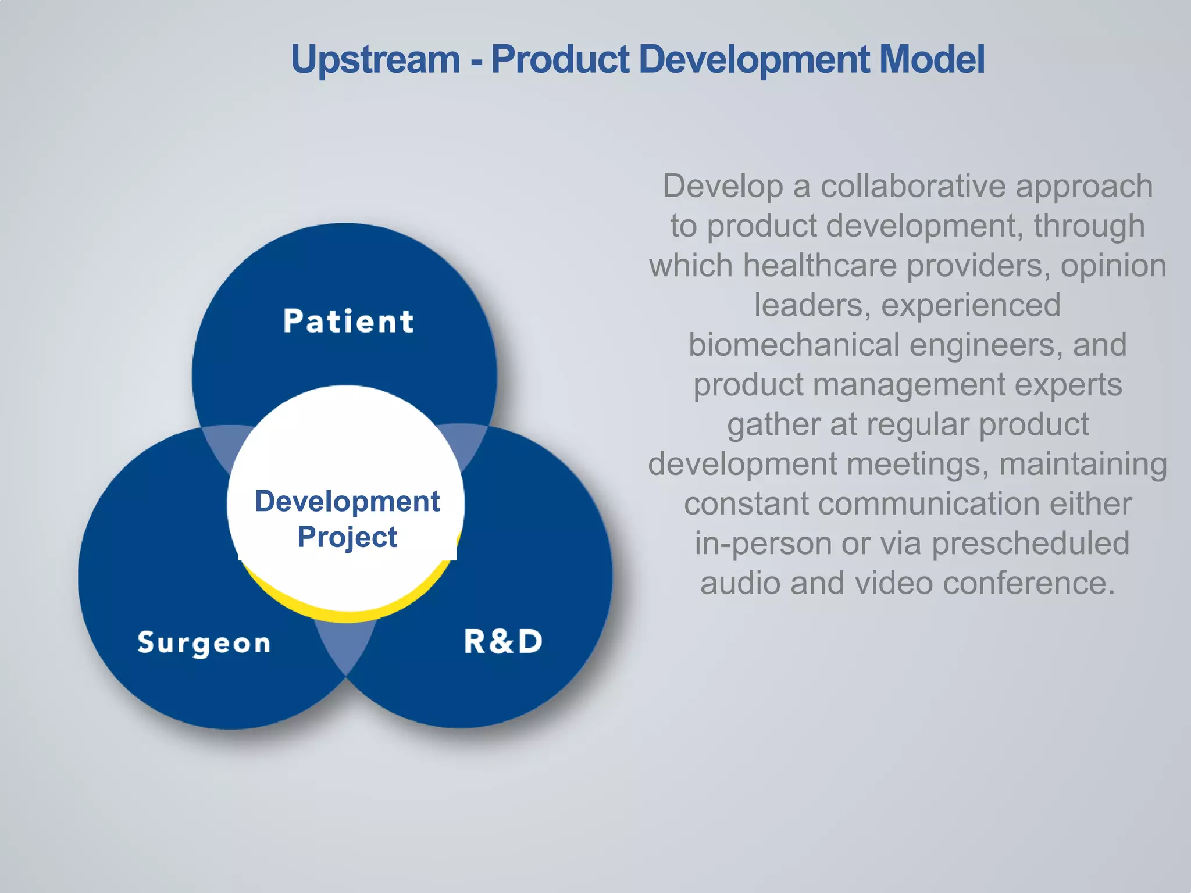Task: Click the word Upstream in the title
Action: [375, 60]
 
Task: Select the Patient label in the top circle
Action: [348, 322]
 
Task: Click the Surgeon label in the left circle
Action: [204, 643]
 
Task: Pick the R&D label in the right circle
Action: [503, 642]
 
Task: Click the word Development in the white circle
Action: [347, 501]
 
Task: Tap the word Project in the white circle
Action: [347, 537]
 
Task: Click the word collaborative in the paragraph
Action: [913, 187]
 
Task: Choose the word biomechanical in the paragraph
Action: [794, 345]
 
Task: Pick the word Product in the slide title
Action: [560, 60]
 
